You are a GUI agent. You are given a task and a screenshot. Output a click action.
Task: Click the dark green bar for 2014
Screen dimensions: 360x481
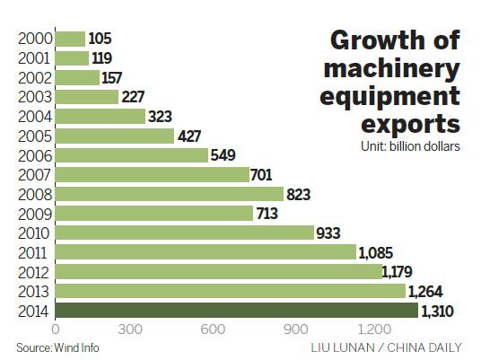click(237, 311)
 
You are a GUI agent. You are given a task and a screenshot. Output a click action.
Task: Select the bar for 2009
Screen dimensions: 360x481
click(154, 213)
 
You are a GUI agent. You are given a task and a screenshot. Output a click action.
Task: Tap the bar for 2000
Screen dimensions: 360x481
click(70, 39)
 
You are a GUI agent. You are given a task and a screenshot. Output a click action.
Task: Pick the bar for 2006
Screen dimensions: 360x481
click(131, 154)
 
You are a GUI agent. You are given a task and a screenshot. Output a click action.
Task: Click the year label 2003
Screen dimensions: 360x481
click(33, 97)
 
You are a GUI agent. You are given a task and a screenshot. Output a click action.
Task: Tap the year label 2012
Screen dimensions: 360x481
click(33, 271)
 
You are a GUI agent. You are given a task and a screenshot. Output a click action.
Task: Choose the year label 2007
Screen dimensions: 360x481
click(33, 174)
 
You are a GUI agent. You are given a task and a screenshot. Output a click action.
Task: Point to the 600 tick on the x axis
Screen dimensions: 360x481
click(212, 330)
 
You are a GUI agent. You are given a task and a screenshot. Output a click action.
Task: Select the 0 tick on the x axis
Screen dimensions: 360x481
click(56, 330)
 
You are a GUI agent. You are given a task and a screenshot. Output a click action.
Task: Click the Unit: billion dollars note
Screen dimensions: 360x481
click(410, 145)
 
